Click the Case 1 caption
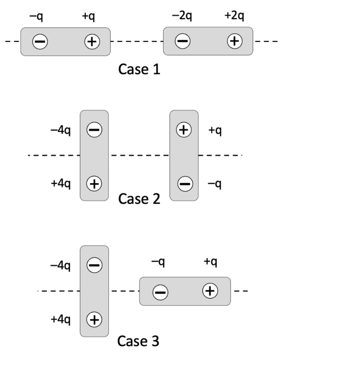139,70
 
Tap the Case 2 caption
139,199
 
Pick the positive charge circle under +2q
235,41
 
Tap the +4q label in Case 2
61,184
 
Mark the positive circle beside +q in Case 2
184,130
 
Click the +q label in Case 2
216,131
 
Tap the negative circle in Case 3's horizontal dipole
160,292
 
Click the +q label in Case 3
211,262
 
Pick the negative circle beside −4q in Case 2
94,130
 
